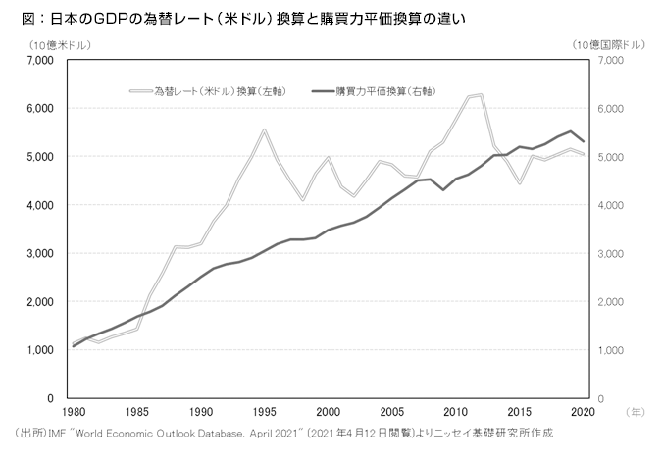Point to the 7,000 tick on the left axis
(38, 61)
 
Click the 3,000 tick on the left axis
(38, 253)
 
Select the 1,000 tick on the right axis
(610, 350)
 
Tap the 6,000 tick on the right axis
(610, 109)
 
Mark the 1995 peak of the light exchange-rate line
(264, 130)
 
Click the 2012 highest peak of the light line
(481, 95)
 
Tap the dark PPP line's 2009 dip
(442, 189)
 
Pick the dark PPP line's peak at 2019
(571, 131)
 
